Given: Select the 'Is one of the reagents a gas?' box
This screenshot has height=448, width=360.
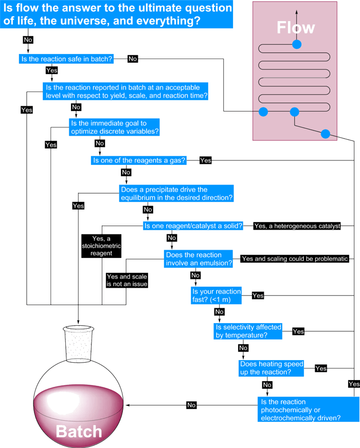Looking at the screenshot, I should (x=139, y=160).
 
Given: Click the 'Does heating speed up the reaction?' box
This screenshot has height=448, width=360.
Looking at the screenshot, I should (x=271, y=368).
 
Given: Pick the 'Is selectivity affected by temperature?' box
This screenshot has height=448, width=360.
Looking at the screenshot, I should (x=248, y=331).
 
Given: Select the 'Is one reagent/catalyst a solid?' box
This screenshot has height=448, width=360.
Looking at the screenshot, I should (x=193, y=226).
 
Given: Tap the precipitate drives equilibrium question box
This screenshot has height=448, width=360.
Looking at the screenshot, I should (x=177, y=194).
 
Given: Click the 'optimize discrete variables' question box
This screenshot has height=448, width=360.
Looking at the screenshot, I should (x=115, y=127).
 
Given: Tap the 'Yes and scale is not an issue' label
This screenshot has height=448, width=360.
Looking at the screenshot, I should (x=127, y=280).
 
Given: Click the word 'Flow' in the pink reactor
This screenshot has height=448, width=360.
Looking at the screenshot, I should (x=296, y=27).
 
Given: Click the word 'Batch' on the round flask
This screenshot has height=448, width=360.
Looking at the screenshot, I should (x=79, y=431).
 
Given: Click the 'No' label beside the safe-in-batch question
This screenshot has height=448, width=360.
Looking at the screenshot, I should (x=133, y=59).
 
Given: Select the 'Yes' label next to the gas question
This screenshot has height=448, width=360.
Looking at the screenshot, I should (x=205, y=160).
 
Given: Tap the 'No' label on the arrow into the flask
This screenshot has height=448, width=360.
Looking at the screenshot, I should (x=191, y=405).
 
